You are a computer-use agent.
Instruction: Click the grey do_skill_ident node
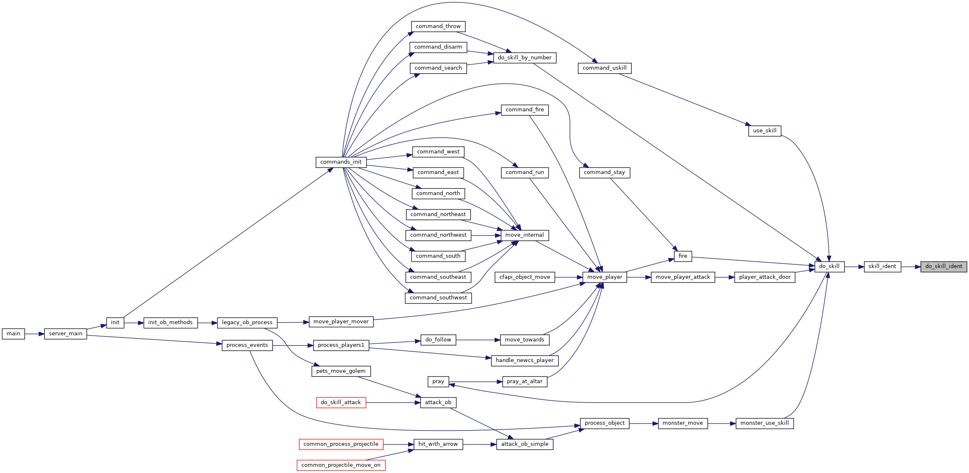pos(943,266)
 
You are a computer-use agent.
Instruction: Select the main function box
pos(13,334)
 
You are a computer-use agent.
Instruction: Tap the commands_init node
pos(341,162)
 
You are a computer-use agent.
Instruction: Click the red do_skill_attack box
pos(341,402)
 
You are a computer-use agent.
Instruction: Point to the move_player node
pos(605,277)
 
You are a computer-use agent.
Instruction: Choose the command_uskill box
pos(605,68)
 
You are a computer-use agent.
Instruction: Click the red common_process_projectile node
pos(341,444)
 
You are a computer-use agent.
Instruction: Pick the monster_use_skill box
pos(764,423)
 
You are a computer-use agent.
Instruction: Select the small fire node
pos(683,256)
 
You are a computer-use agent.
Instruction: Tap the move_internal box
pos(525,235)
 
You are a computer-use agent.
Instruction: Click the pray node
pos(438,381)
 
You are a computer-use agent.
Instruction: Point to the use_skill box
pos(765,131)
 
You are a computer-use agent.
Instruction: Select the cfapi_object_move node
pos(525,277)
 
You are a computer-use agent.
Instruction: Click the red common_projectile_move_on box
pos(341,465)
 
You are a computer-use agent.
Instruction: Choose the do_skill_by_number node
pos(525,58)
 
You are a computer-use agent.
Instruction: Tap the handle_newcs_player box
pos(525,360)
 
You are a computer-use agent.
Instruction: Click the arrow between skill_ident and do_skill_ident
pos(911,267)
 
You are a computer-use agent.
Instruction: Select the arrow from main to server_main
pos(35,334)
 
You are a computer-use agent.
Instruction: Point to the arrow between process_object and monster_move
pos(644,423)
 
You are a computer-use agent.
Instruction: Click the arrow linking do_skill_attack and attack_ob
pos(393,402)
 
